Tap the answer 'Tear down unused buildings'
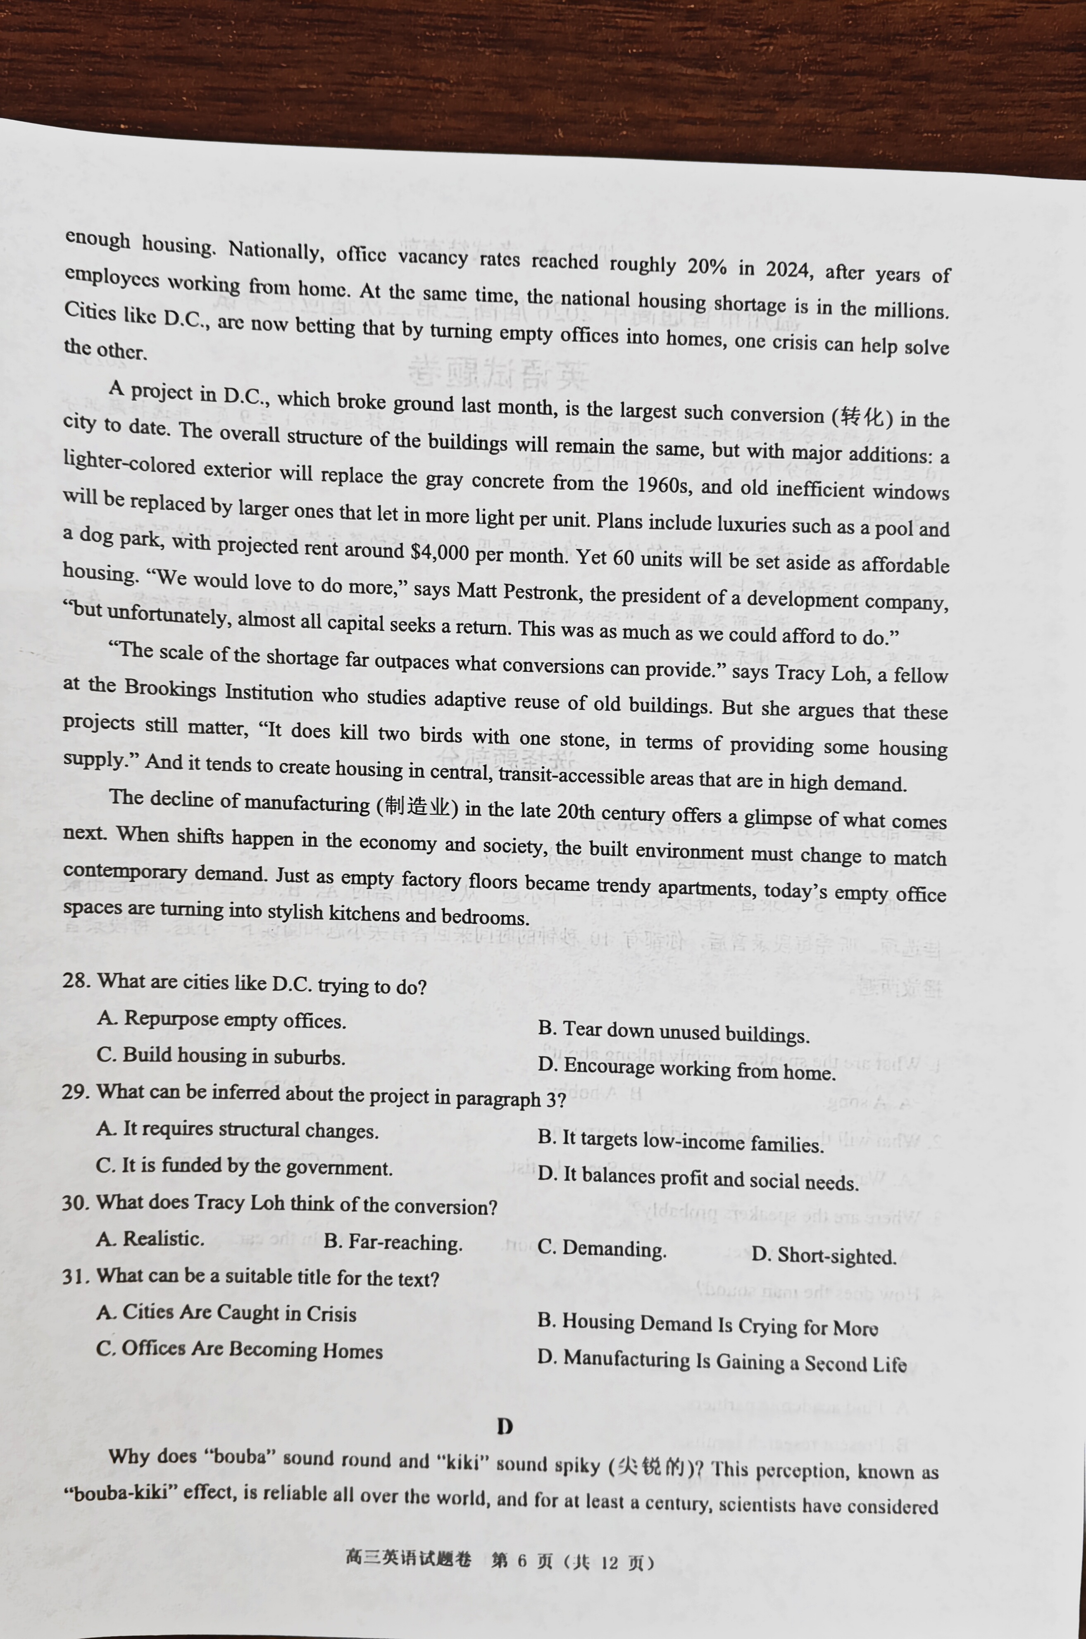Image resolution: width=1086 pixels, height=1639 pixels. pos(673,1032)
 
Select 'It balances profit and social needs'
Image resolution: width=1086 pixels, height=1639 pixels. pos(698,1178)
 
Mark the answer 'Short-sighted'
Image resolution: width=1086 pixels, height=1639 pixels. pos(824,1255)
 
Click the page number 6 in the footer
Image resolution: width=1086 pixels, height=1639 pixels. pos(522,1561)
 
